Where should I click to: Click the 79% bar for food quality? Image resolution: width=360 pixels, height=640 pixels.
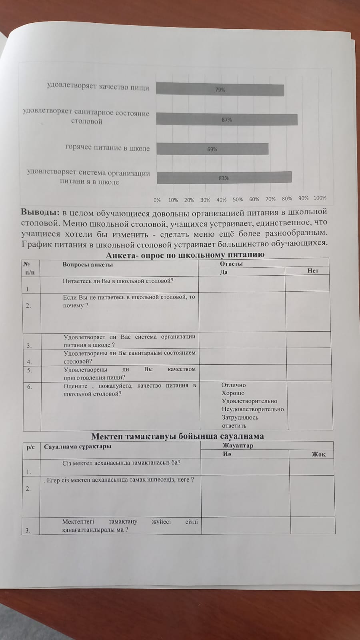(x=220, y=90)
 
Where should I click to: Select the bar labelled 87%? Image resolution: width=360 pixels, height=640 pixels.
(x=226, y=120)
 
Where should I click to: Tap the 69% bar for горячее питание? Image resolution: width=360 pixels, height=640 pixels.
(x=212, y=149)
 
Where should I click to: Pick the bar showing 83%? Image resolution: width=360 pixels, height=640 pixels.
(x=224, y=178)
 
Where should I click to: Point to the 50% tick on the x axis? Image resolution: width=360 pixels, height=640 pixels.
(x=238, y=199)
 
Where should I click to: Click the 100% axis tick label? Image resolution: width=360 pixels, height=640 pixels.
(x=320, y=198)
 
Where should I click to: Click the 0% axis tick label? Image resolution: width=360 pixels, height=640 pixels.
(x=157, y=200)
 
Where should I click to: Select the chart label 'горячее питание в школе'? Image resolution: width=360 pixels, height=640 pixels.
(x=107, y=148)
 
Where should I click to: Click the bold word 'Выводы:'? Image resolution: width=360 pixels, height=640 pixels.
(x=40, y=212)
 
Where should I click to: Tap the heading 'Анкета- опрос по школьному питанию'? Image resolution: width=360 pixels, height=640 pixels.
(x=185, y=255)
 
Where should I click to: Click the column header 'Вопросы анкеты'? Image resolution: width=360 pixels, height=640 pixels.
(x=88, y=264)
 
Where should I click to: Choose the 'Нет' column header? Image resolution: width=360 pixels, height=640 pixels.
(x=313, y=271)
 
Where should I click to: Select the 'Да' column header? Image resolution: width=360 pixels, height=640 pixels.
(x=224, y=272)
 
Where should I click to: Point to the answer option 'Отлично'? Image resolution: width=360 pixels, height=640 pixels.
(x=234, y=385)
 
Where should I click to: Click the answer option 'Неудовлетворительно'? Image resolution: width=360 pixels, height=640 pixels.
(x=253, y=409)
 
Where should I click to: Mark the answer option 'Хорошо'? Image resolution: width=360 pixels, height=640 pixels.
(x=233, y=393)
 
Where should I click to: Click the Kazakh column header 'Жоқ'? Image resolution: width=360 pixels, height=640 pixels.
(x=318, y=454)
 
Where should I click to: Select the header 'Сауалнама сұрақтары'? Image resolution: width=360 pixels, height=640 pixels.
(x=78, y=446)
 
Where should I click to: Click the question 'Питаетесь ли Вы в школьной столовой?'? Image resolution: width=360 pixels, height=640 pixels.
(x=118, y=281)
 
